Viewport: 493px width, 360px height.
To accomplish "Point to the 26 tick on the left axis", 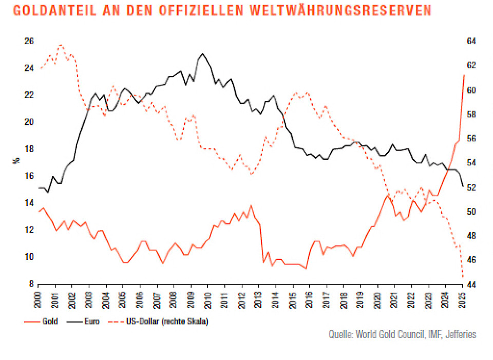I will (x=29, y=42).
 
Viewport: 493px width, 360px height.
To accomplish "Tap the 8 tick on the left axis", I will (x=31, y=284).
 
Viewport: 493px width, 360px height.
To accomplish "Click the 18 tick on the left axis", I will (x=29, y=149).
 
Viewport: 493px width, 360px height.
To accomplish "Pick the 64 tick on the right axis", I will (x=471, y=42).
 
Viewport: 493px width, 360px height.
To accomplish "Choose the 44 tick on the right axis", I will (x=471, y=284).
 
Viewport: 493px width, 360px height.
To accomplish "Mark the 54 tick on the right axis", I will (x=471, y=163).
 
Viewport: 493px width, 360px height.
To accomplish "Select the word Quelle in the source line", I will (x=341, y=334).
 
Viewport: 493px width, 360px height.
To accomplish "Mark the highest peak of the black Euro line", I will (x=203, y=53).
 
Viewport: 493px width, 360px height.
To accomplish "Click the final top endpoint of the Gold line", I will (x=464, y=75).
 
